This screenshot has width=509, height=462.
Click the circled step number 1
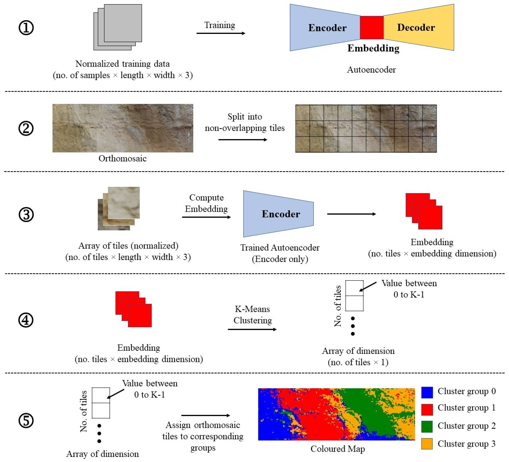pyautogui.click(x=26, y=28)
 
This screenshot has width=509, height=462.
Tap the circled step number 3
pyautogui.click(x=26, y=215)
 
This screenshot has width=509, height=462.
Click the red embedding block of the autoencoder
pyautogui.click(x=372, y=28)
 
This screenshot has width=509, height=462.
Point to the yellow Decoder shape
pyautogui.click(x=419, y=27)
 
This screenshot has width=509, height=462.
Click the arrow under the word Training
pyautogui.click(x=221, y=33)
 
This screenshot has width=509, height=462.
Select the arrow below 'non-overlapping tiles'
pyautogui.click(x=243, y=139)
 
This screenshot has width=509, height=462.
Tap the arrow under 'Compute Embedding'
pyautogui.click(x=206, y=217)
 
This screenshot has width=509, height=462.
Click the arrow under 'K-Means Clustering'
pyautogui.click(x=252, y=329)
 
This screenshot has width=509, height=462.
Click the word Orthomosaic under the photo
pyautogui.click(x=122, y=159)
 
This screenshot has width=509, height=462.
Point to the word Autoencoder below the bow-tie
pyautogui.click(x=371, y=70)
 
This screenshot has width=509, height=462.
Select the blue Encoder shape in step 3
pyautogui.click(x=278, y=214)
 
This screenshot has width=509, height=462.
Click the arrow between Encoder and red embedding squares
pyautogui.click(x=351, y=214)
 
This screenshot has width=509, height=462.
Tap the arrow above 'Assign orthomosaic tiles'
pyautogui.click(x=206, y=415)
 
